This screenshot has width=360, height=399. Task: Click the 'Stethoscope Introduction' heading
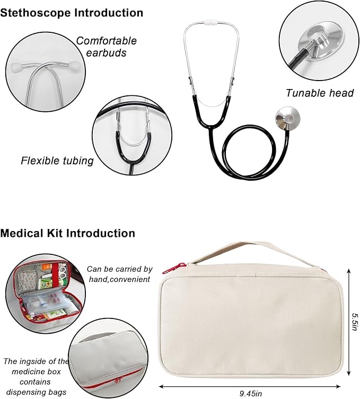[72, 13]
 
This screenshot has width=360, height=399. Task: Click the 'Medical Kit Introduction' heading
[67, 233]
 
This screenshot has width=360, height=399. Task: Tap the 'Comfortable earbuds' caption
[107, 47]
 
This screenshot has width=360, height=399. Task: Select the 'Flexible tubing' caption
[57, 161]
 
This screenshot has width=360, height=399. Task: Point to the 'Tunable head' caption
[320, 93]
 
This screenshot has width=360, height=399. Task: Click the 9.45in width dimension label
[251, 393]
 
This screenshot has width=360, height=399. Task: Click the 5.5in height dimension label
[354, 322]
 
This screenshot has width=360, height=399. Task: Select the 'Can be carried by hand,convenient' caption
[120, 274]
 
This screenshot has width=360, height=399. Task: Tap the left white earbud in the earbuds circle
[16, 66]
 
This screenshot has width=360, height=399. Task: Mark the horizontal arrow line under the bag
[250, 386]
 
